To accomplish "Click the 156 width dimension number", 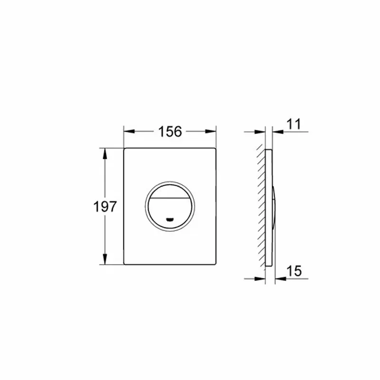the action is [x=170, y=132].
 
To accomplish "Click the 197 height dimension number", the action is [x=105, y=207].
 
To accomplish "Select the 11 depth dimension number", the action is [x=294, y=124].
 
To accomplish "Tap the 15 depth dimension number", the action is [x=294, y=271].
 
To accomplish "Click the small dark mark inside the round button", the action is [x=170, y=219].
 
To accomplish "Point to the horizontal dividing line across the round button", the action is [x=170, y=198].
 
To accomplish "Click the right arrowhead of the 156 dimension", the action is [x=210, y=132].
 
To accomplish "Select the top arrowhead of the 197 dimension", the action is [x=104, y=153].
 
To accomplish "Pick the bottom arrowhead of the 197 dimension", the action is [x=104, y=259].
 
